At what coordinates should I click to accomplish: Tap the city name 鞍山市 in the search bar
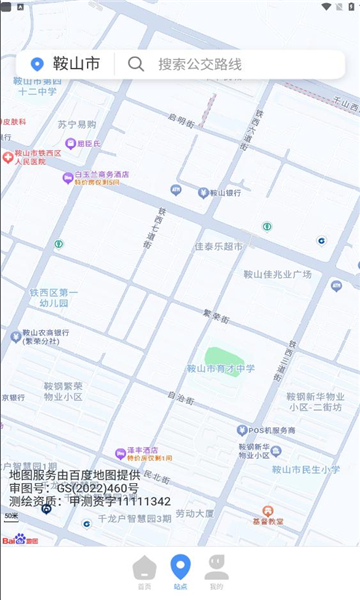click(77, 64)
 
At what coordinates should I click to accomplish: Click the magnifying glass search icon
click(136, 64)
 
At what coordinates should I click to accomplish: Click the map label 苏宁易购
click(77, 125)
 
